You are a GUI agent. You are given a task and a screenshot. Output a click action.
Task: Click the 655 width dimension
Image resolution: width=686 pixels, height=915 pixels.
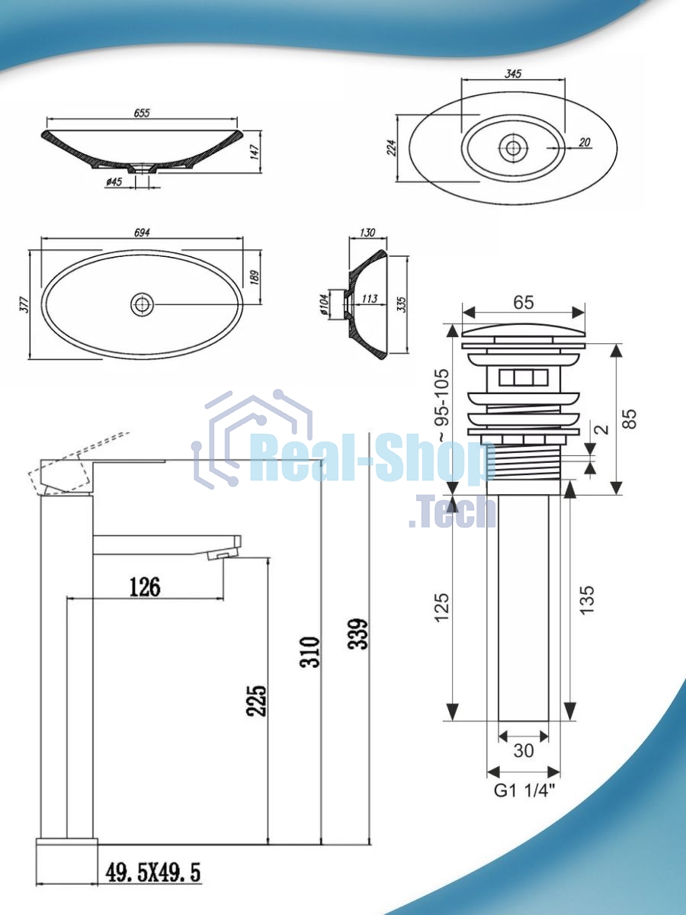click(142, 113)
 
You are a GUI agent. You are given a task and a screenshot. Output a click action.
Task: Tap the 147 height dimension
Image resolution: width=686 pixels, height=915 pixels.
click(255, 152)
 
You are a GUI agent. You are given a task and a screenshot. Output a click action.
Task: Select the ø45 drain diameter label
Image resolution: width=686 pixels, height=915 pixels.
click(114, 181)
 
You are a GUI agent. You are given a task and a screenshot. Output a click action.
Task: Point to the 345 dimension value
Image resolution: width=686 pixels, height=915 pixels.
click(513, 74)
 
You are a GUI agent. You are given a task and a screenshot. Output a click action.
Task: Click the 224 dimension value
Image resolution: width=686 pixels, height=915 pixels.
click(392, 148)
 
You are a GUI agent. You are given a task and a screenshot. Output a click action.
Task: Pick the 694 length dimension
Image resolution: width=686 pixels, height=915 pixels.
click(142, 232)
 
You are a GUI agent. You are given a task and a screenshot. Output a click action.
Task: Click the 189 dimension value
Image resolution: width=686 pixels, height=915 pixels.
click(255, 278)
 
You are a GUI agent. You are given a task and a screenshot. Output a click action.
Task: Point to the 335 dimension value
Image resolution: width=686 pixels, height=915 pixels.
click(402, 304)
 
